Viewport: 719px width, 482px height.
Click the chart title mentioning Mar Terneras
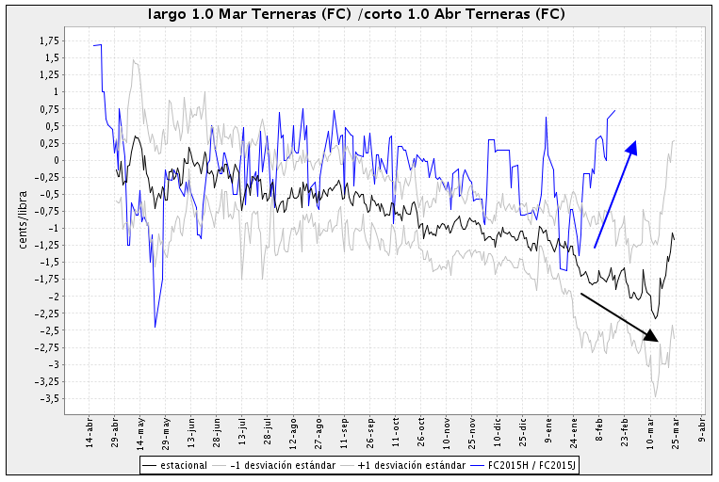coord(363,15)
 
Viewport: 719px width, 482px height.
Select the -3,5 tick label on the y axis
coord(49,398)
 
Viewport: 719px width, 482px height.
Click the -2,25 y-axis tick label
coord(47,313)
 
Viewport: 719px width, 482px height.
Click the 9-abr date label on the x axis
coord(701,433)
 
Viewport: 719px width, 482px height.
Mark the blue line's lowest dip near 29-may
coord(155,327)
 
